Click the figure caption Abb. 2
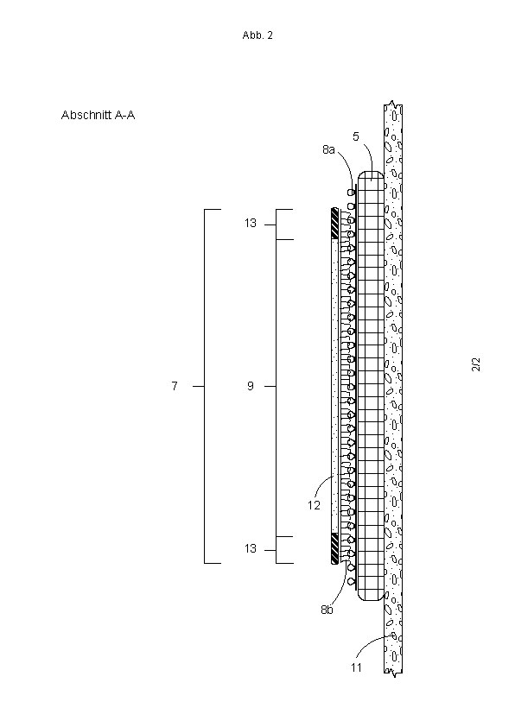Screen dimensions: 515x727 [x=257, y=35]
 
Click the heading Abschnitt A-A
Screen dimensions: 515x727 [x=98, y=115]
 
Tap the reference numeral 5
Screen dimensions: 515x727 [x=356, y=136]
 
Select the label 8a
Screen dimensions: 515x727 [x=328, y=149]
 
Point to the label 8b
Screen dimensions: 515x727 [x=327, y=610]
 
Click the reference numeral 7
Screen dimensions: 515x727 [x=175, y=386]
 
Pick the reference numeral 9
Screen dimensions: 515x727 [x=251, y=386]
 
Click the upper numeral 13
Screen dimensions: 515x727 [x=251, y=224]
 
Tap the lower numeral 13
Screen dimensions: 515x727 [x=251, y=548]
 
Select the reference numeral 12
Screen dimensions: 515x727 [x=315, y=505]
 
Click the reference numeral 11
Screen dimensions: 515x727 [x=356, y=667]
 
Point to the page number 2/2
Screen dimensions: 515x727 [x=476, y=364]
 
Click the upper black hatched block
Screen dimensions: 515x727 [x=334, y=224]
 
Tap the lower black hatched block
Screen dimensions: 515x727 [x=334, y=548]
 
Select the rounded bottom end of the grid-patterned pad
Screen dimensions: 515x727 [x=372, y=595]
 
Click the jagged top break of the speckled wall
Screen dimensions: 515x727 [x=393, y=104]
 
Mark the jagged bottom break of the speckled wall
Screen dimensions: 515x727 [x=393, y=673]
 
